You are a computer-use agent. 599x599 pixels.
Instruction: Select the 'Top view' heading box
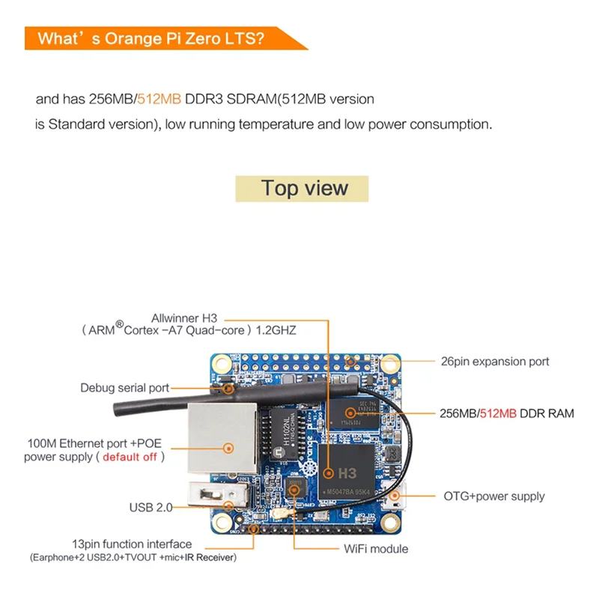click(x=303, y=188)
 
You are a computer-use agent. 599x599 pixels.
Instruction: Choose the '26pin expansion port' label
click(x=495, y=362)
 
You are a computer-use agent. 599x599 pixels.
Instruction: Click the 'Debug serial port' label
click(x=124, y=388)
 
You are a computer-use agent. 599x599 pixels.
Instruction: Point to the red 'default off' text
click(x=130, y=456)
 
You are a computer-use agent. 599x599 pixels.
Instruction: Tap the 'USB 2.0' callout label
click(x=150, y=507)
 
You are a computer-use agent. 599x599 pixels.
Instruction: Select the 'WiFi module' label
click(x=376, y=549)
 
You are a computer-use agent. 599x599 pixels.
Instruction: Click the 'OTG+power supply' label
click(x=494, y=496)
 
